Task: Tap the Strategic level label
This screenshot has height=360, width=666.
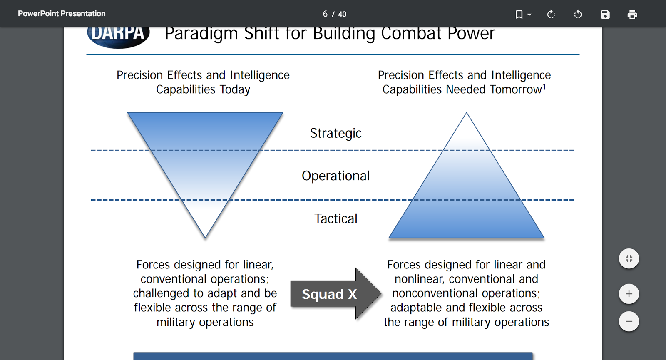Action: (335, 133)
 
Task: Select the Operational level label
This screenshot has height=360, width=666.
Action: (335, 176)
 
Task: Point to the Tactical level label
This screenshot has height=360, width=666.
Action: (335, 218)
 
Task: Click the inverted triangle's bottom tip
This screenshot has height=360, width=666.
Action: (205, 236)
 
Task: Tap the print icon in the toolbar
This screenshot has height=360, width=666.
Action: (632, 15)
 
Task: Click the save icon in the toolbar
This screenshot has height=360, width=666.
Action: (605, 15)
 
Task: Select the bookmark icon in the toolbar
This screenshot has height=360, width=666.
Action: (519, 15)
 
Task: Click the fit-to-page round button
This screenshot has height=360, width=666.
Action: (629, 258)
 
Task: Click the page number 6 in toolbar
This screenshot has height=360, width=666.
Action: (325, 14)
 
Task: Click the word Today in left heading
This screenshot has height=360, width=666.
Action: (235, 89)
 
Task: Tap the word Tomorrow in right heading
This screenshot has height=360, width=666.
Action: (515, 89)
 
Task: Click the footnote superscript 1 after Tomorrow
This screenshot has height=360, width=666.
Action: (544, 87)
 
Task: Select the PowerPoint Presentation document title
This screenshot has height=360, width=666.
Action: (62, 14)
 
